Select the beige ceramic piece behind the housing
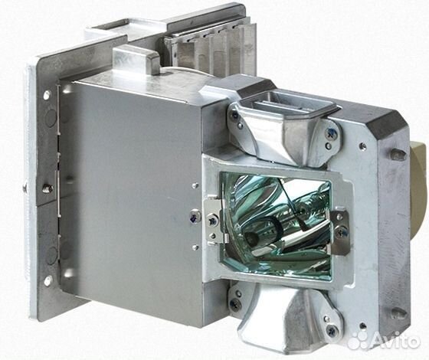point(418,189)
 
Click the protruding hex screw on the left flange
point(47,188)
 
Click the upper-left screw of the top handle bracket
point(234,116)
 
